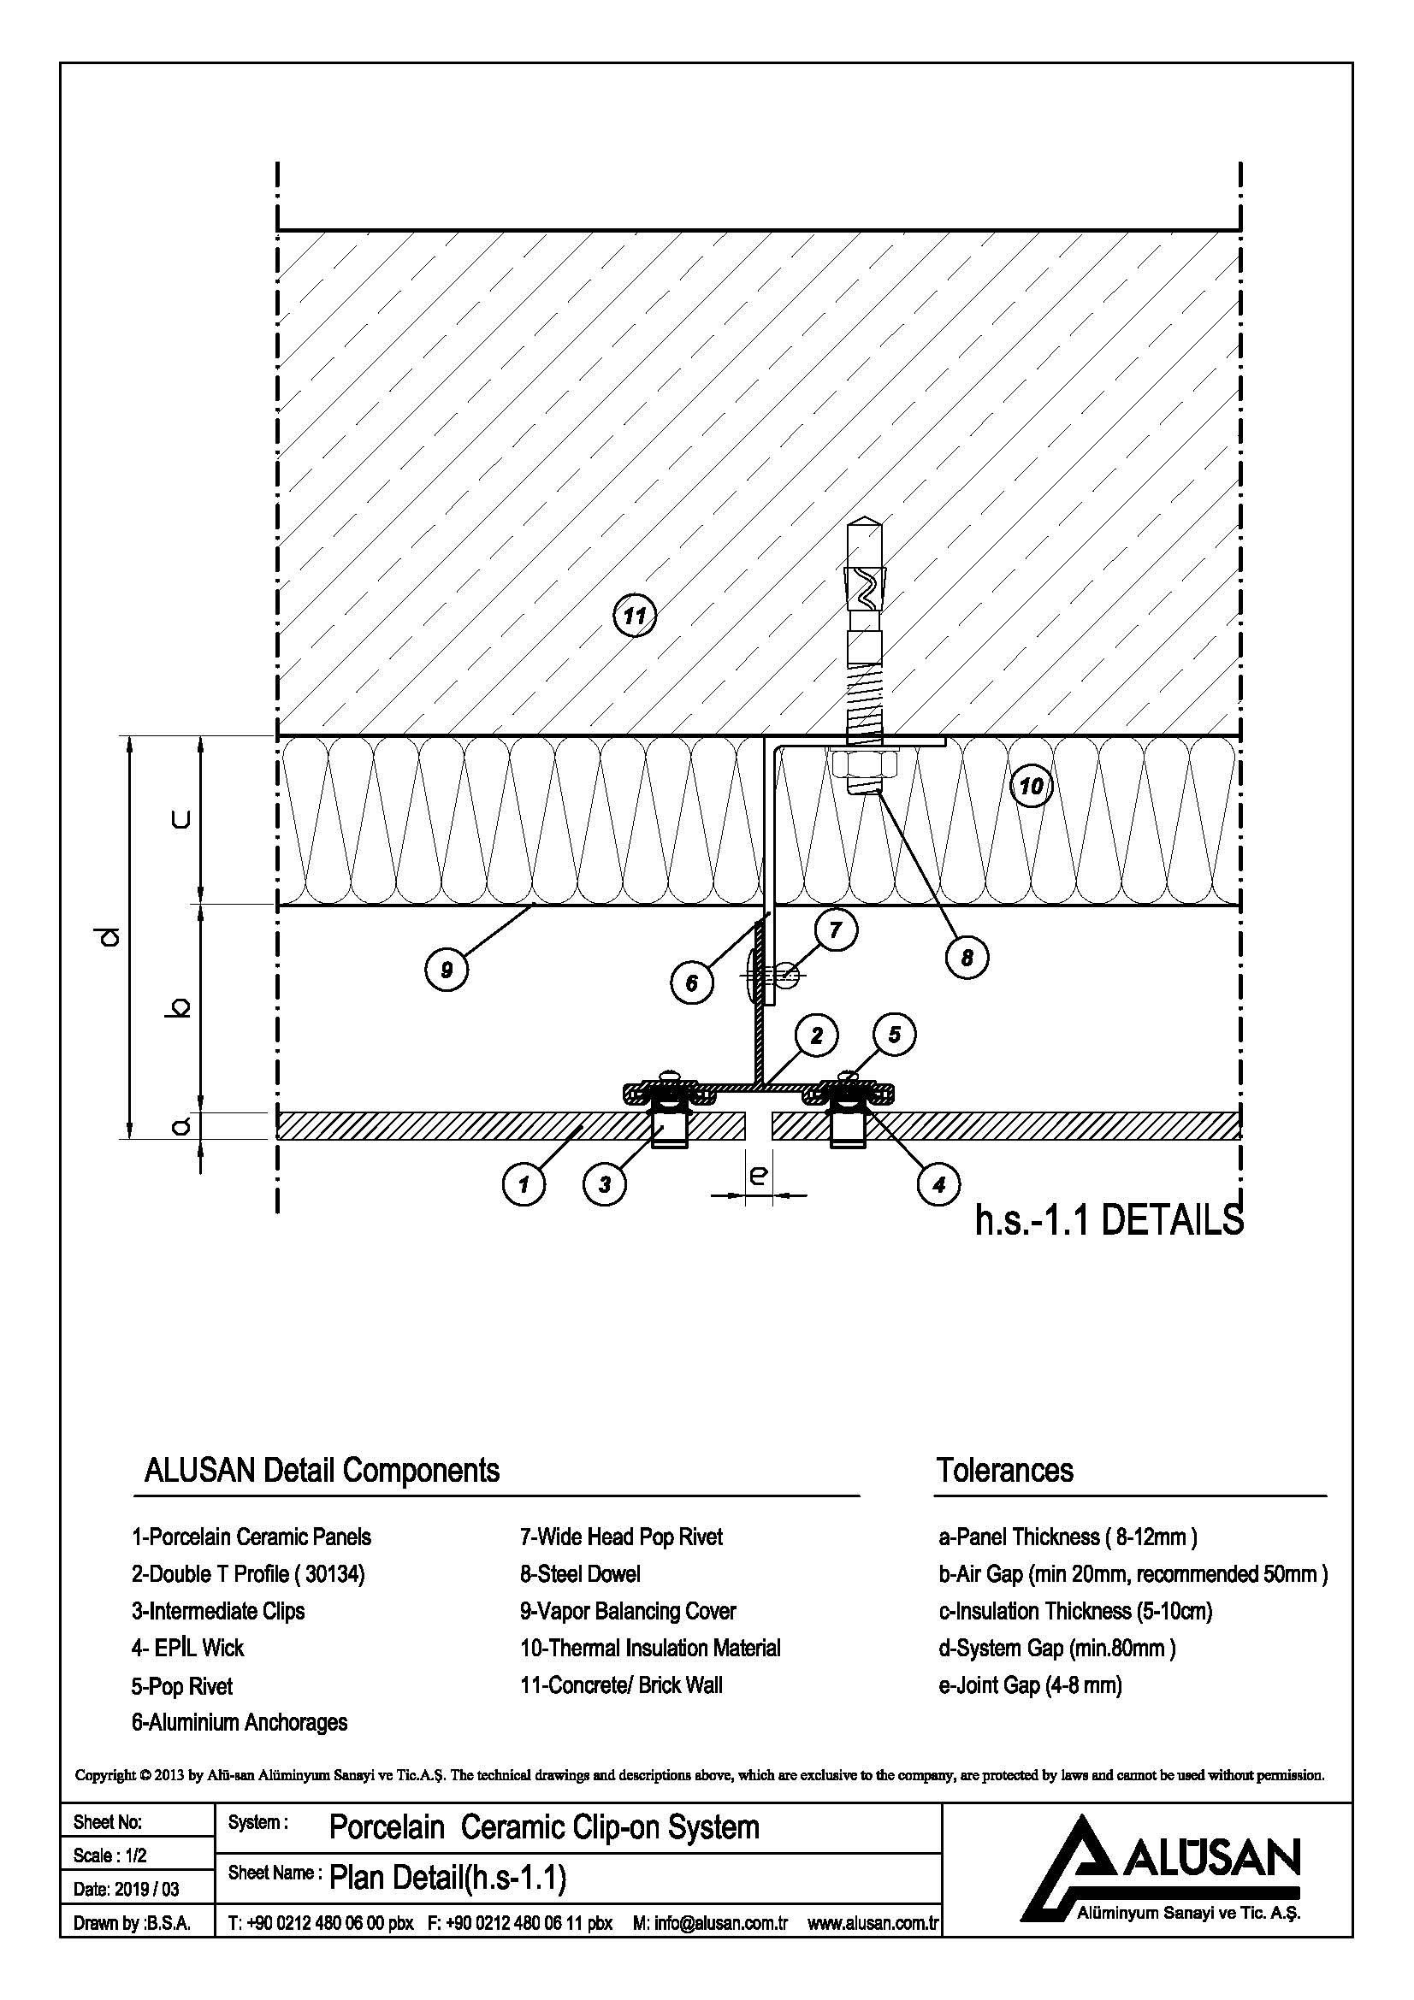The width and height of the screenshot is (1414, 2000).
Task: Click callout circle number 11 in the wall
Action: coord(634,616)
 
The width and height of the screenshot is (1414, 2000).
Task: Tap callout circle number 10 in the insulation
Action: coord(1031,787)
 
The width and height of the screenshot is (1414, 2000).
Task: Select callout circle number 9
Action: coord(446,970)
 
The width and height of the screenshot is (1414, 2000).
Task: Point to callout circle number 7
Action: coord(836,930)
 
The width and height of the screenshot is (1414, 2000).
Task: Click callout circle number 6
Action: coord(692,983)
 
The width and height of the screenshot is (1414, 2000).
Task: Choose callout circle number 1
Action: coord(524,1183)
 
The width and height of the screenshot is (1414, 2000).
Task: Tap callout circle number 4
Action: coord(938,1183)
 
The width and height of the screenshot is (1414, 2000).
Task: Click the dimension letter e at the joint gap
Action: coord(758,1175)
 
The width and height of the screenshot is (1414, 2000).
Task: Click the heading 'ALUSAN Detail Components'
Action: coord(322,1471)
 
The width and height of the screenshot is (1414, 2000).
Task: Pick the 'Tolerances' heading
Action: coord(1004,1471)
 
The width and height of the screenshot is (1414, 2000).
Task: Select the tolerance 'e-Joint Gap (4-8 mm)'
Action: coord(1030,1685)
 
